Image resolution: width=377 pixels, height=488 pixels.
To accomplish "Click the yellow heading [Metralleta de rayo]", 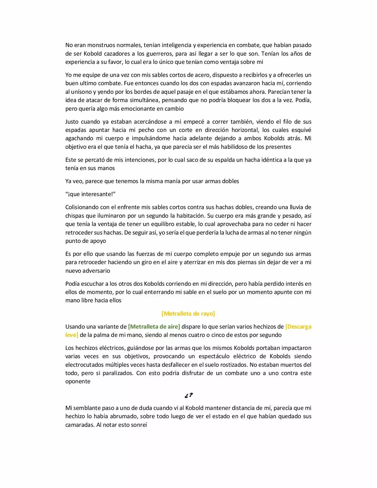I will [x=188, y=314].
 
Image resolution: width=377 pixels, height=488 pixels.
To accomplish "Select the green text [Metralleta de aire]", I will [x=154, y=327].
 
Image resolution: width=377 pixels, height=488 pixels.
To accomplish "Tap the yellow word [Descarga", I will [x=298, y=327].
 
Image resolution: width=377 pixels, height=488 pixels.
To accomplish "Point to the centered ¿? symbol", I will [x=188, y=395].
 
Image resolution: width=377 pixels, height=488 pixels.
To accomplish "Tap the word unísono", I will [x=83, y=92].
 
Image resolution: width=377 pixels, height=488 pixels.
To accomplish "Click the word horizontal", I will [x=244, y=130].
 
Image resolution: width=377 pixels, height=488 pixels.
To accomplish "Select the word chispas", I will [x=75, y=216].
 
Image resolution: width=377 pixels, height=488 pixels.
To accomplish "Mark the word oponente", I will [x=78, y=381].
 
